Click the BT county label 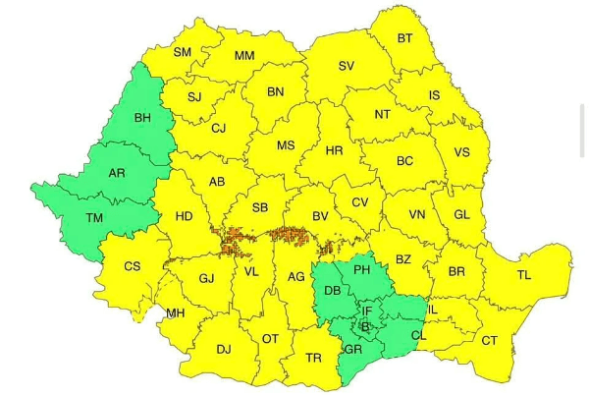[404, 39]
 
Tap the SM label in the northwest [183, 52]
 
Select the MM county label [244, 56]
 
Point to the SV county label [346, 67]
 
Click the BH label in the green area [142, 118]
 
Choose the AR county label [117, 173]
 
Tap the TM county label [94, 217]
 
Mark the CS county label [133, 266]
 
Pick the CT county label [489, 341]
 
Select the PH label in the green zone [361, 269]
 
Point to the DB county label [332, 292]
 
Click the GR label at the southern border [353, 349]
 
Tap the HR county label [334, 151]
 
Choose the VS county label [462, 152]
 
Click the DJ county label [223, 349]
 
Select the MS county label [285, 145]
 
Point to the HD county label [184, 216]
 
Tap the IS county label [434, 96]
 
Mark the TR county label [313, 358]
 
